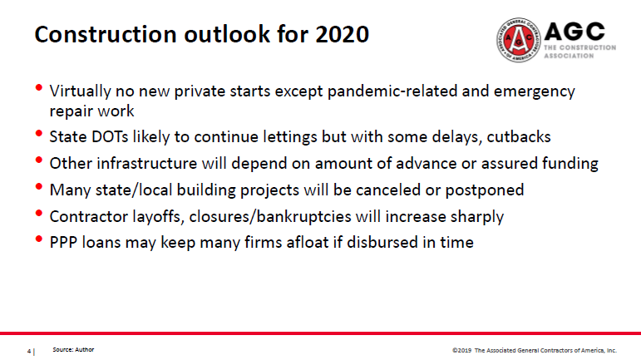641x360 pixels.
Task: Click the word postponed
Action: coord(486,190)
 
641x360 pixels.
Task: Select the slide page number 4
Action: coord(30,351)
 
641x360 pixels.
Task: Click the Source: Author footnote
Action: coord(74,350)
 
